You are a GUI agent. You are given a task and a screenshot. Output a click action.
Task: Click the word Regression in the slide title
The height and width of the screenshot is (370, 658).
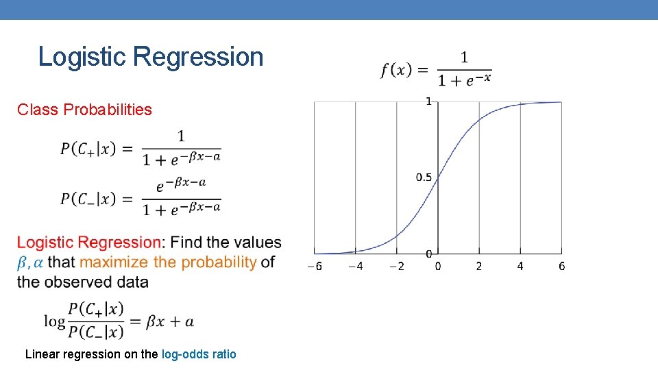coord(199,57)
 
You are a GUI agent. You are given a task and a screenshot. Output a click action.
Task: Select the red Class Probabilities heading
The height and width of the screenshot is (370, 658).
coord(84,110)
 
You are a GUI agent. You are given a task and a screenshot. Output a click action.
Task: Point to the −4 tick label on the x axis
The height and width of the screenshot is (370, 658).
coord(356,266)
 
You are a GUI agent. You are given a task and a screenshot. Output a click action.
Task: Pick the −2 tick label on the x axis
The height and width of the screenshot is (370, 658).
coord(396,266)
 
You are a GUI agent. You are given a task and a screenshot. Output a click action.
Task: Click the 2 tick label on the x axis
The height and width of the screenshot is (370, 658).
coord(479,266)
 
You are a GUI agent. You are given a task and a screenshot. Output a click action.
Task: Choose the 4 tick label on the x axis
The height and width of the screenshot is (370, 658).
coord(520,266)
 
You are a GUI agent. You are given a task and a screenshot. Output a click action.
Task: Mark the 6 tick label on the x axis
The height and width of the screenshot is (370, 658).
coord(561,266)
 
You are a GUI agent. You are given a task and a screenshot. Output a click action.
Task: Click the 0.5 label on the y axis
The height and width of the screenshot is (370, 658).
coord(424,177)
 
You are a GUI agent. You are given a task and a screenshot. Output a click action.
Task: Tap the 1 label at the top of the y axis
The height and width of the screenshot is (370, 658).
coord(429,101)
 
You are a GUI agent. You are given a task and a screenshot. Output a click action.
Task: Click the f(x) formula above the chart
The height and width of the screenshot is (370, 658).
coord(436,69)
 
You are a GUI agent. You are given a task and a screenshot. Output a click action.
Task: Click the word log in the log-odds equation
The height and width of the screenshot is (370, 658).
coord(55,321)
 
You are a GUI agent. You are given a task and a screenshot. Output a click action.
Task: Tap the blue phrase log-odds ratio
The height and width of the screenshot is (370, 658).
coord(199,354)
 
